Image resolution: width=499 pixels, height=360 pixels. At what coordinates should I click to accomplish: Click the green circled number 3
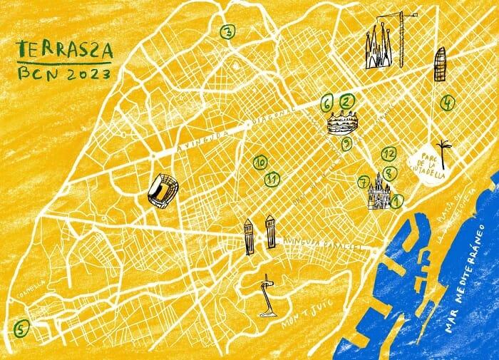(227, 31)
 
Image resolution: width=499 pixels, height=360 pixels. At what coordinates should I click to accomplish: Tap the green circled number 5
(21, 329)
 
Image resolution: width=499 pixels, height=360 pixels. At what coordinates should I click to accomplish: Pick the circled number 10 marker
(259, 163)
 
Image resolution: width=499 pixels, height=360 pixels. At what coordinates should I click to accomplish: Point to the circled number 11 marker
(271, 178)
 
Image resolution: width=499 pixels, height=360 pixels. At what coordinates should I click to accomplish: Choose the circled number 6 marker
(327, 104)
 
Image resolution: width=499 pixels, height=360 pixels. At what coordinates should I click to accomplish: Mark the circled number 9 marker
(346, 145)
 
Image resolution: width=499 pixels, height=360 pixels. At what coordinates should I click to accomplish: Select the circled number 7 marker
(364, 181)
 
